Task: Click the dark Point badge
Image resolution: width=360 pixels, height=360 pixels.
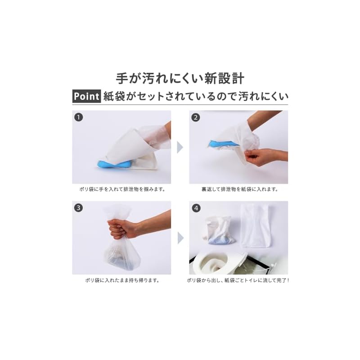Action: point(86,96)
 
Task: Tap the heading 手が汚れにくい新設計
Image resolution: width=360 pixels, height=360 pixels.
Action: point(180,78)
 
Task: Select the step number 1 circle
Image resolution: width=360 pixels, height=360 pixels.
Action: point(78,117)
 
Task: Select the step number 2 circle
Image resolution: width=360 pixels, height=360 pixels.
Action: point(196,117)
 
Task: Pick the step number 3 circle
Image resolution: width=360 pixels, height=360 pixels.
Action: point(78,208)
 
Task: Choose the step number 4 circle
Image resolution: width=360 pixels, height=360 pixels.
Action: point(196,208)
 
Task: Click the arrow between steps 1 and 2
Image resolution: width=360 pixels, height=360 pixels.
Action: point(180,147)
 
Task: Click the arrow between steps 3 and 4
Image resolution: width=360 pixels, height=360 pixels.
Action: point(180,238)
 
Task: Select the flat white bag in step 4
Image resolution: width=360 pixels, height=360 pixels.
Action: point(255,226)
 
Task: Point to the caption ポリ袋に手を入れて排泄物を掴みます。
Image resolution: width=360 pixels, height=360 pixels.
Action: point(122,189)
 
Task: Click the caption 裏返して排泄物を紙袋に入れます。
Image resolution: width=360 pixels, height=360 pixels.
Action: point(240,189)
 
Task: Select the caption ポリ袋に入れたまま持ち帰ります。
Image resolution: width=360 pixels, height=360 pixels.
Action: point(122,280)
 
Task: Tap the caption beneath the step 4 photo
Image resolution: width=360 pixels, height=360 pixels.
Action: point(238,280)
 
